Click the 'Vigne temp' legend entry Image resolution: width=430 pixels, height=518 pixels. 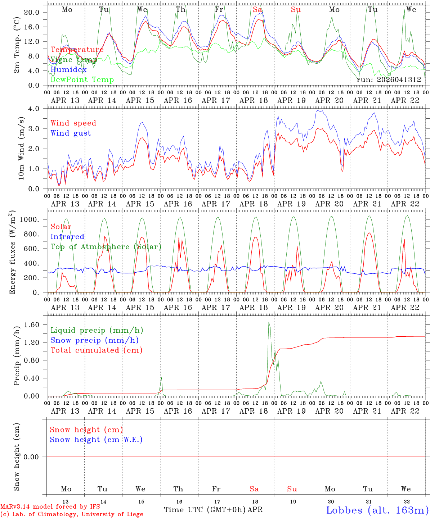[74, 60]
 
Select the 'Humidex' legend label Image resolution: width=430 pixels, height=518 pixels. [68, 70]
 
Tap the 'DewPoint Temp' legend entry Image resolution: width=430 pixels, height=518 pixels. [82, 80]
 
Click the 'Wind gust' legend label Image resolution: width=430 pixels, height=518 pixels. [71, 133]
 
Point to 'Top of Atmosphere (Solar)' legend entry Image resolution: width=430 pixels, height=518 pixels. [106, 247]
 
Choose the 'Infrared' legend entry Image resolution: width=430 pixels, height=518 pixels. [67, 237]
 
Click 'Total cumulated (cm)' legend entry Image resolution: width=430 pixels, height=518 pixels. [97, 350]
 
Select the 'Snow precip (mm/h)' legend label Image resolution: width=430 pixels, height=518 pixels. [94, 340]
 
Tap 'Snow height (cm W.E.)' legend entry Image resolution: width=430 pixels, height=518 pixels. [96, 440]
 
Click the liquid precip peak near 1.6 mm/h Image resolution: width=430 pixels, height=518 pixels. [269, 322]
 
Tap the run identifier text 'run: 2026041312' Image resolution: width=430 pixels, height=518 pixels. [389, 80]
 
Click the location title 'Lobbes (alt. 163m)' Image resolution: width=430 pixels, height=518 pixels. [377, 510]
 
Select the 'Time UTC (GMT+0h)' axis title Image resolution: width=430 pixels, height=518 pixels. [205, 510]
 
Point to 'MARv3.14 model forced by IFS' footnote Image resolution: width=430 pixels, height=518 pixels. [50, 507]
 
